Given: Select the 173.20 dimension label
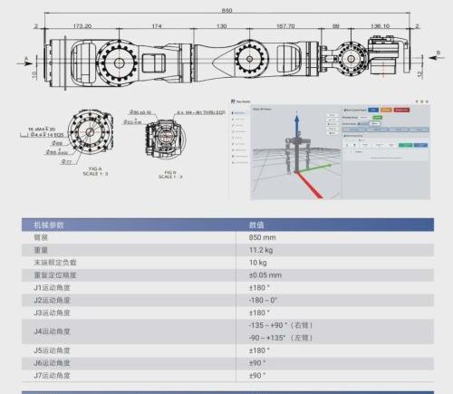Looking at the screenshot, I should click(82, 26).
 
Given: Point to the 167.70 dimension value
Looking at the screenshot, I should click(284, 26).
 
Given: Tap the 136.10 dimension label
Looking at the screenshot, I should click(381, 26).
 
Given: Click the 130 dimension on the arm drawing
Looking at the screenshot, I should click(221, 26).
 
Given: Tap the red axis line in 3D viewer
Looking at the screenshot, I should click(304, 181).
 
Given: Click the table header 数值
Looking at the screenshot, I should click(256, 225).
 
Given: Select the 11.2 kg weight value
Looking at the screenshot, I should click(261, 249).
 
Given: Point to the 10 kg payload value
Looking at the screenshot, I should click(257, 262).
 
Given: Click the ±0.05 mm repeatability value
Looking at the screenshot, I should click(265, 274).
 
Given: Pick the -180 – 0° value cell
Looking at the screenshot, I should click(263, 299).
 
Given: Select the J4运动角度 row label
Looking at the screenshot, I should click(53, 331).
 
